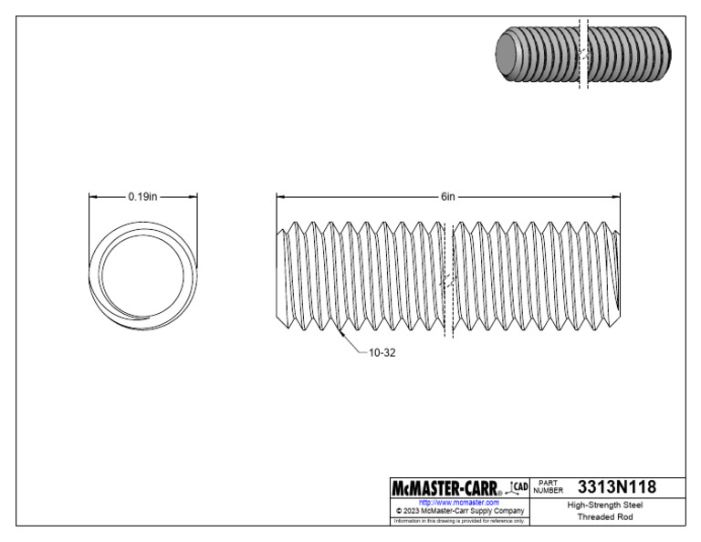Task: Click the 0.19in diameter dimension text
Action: pos(143,196)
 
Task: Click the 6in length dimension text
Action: pos(447,196)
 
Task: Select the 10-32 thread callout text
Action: pos(381,350)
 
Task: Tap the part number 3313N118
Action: pos(617,486)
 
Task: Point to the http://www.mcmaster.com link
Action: pos(458,502)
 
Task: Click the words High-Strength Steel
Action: pos(603,504)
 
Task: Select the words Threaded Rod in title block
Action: pos(603,516)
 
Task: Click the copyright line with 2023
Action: pos(458,511)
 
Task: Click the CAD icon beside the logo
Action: pos(518,486)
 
